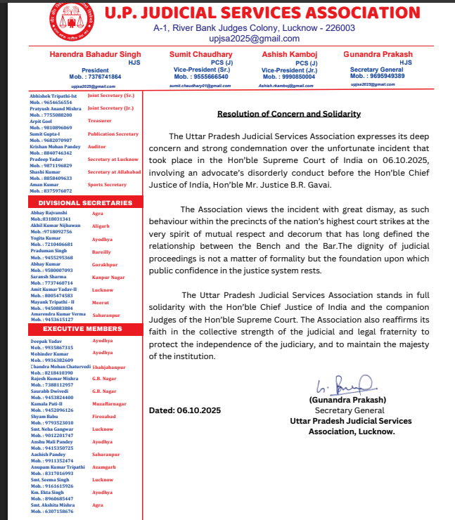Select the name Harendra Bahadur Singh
[96, 54]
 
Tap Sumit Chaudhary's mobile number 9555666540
[201, 77]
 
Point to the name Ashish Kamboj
[288, 54]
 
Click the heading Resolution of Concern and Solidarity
[288, 113]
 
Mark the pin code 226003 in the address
[338, 28]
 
